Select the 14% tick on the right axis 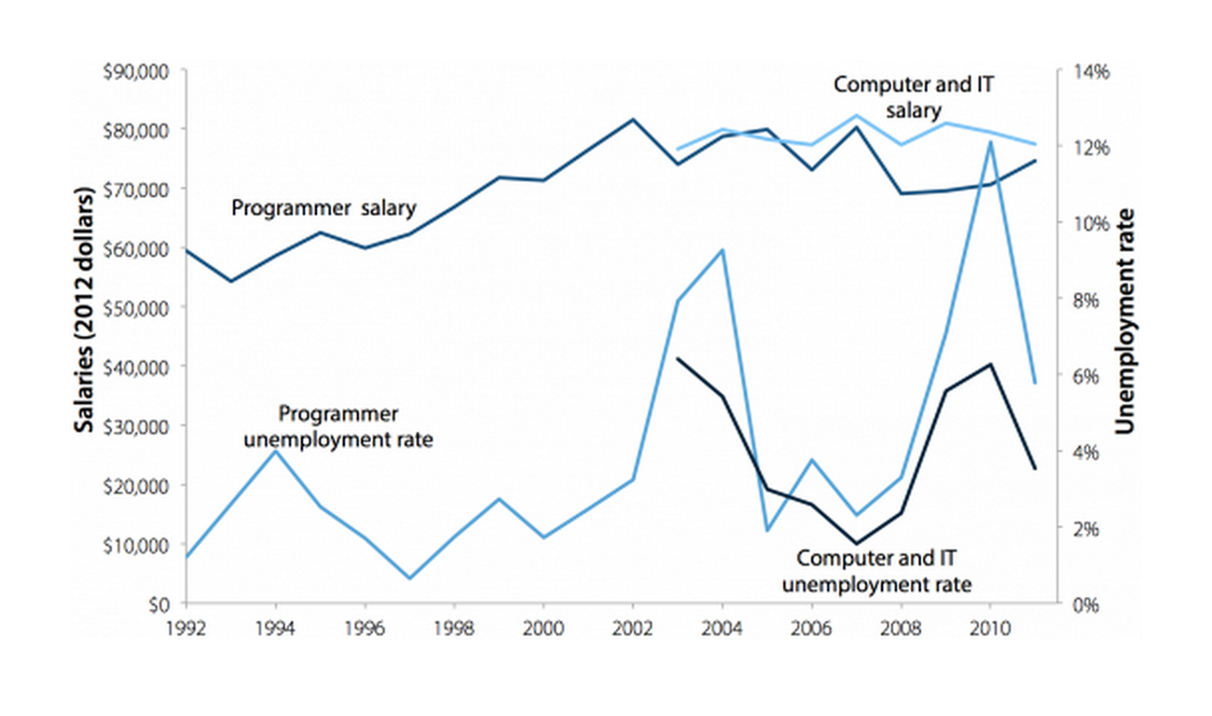(1088, 72)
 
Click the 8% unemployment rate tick (1084, 300)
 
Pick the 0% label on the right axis (1084, 604)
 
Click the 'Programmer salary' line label (324, 209)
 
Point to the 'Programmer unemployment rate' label (339, 426)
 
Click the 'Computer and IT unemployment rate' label (884, 571)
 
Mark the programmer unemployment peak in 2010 (989, 142)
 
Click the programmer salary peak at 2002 (633, 119)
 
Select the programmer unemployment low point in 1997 (410, 578)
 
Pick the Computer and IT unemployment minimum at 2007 (855, 544)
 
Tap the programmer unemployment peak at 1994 (276, 451)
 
